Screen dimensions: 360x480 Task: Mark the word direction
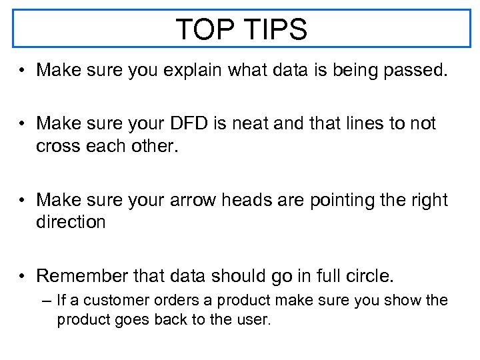71,223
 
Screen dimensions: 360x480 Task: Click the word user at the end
253,320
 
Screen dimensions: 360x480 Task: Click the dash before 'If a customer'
45,301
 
